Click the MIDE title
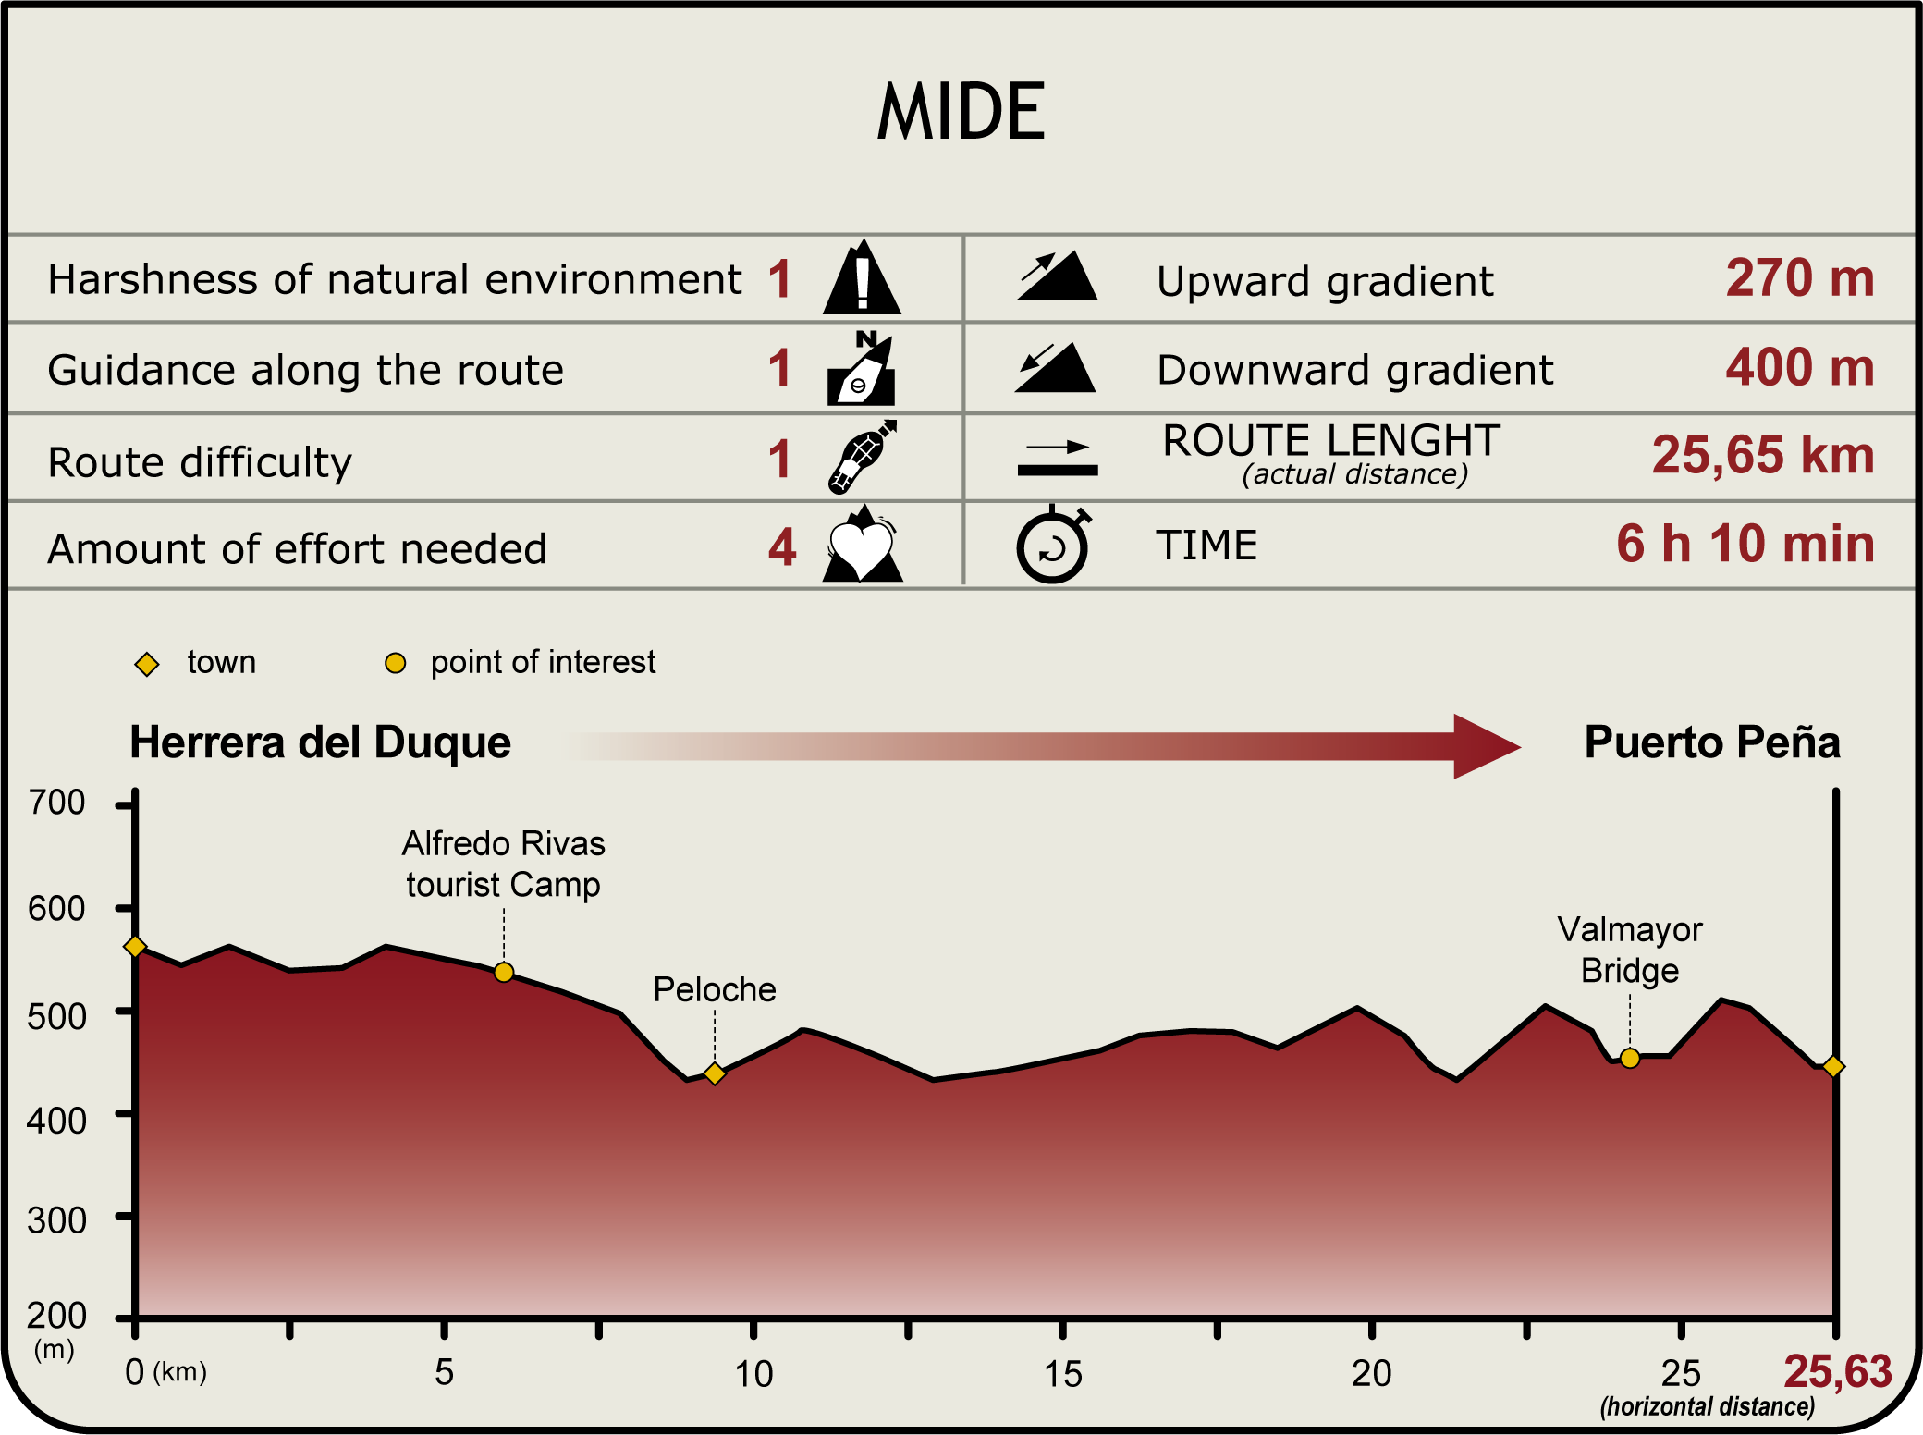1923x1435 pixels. tap(961, 113)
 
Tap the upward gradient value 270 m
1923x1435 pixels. tap(1799, 277)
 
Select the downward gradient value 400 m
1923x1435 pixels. tap(1799, 367)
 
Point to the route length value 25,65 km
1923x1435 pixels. tap(1762, 455)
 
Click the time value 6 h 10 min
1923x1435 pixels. tap(1745, 544)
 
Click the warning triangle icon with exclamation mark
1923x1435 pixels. tap(862, 278)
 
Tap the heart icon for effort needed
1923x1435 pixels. tap(862, 546)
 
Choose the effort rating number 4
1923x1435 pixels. tap(781, 546)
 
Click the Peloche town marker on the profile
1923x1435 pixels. tap(714, 1073)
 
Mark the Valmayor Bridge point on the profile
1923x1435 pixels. tap(1630, 1058)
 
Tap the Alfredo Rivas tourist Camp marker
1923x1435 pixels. tap(504, 972)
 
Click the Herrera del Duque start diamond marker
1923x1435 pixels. tap(135, 946)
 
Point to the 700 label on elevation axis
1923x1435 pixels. tap(56, 803)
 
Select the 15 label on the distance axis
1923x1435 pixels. tap(1063, 1374)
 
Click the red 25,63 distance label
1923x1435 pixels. tap(1837, 1371)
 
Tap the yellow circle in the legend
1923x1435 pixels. tap(395, 663)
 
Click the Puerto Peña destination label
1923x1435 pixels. tap(1712, 742)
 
